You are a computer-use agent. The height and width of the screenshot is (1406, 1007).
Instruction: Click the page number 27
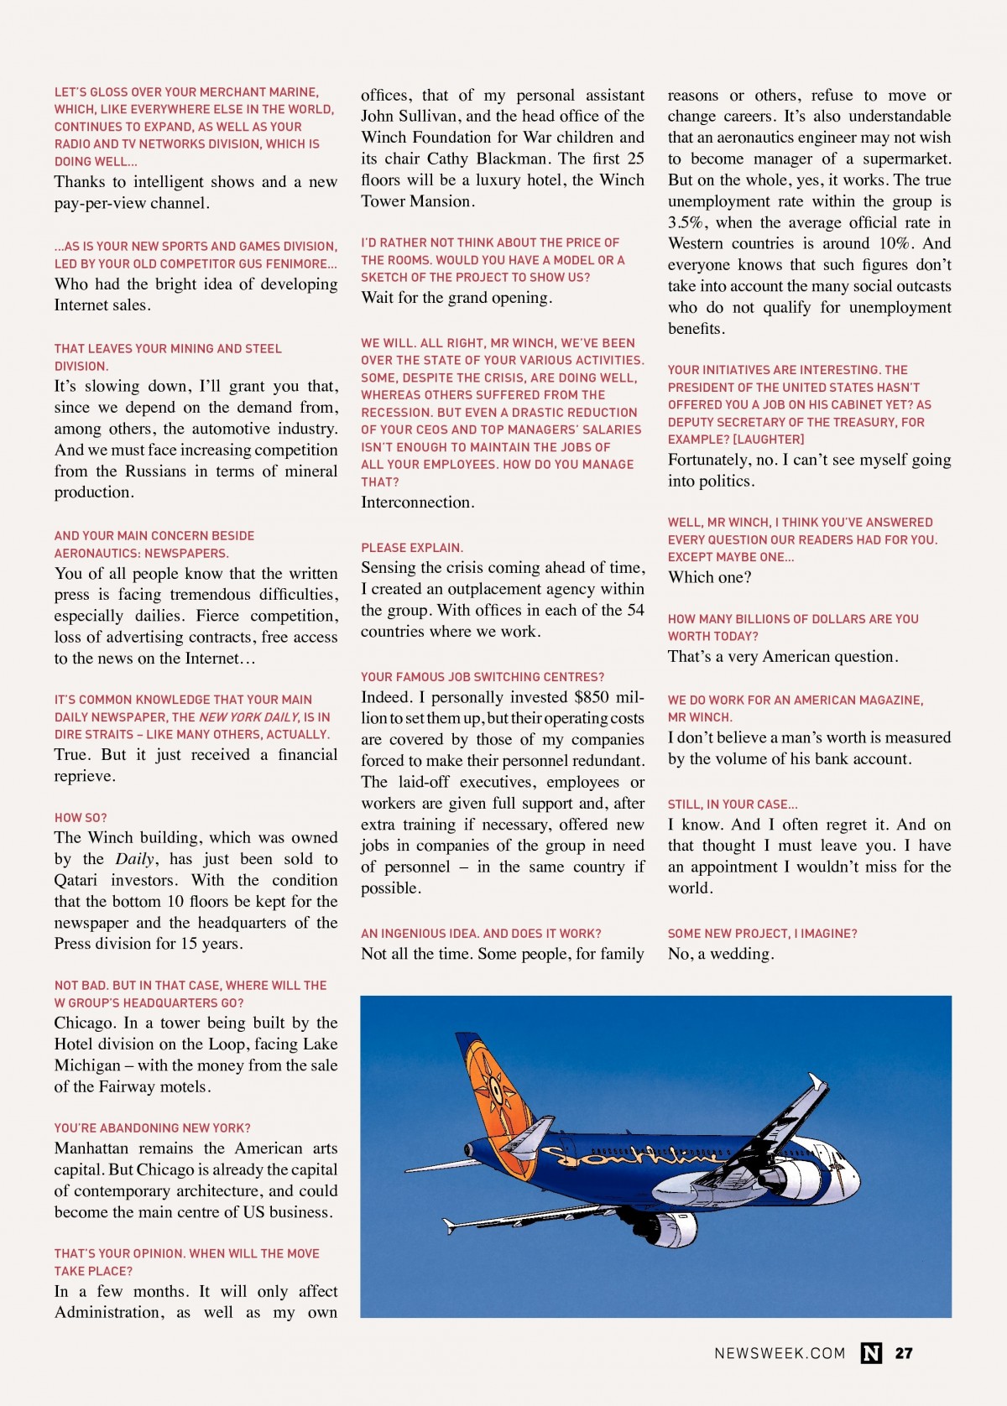coord(904,1353)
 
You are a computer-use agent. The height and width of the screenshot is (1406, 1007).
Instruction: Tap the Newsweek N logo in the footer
coord(871,1353)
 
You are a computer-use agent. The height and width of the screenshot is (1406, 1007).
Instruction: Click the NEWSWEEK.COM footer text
coord(780,1353)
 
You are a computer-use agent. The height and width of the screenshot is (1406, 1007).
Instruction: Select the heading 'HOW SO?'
coord(81,818)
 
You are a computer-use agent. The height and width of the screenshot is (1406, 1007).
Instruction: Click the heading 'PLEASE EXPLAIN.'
coord(412,548)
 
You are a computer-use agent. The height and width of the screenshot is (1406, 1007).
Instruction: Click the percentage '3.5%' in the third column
coord(687,223)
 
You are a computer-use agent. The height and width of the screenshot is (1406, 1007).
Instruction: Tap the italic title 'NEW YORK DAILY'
coord(249,717)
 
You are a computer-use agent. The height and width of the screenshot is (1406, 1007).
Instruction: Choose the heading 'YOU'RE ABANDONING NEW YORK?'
coord(153,1128)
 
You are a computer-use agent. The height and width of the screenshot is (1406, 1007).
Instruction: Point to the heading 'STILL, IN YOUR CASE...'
coord(733,805)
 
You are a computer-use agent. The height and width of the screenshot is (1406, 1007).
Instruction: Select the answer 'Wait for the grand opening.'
coord(457,298)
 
